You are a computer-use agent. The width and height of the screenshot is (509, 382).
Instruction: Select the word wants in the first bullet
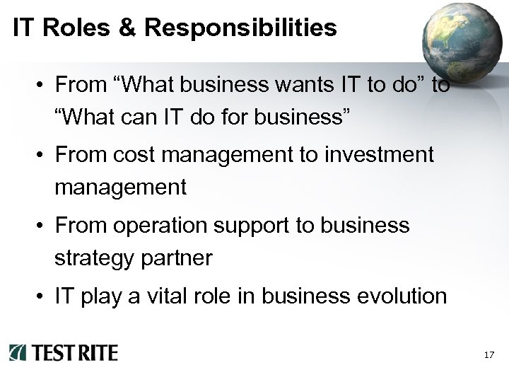coord(286,86)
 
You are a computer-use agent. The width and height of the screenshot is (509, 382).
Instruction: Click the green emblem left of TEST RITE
coord(17,352)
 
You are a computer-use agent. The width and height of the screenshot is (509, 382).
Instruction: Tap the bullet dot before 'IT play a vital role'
coord(42,296)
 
